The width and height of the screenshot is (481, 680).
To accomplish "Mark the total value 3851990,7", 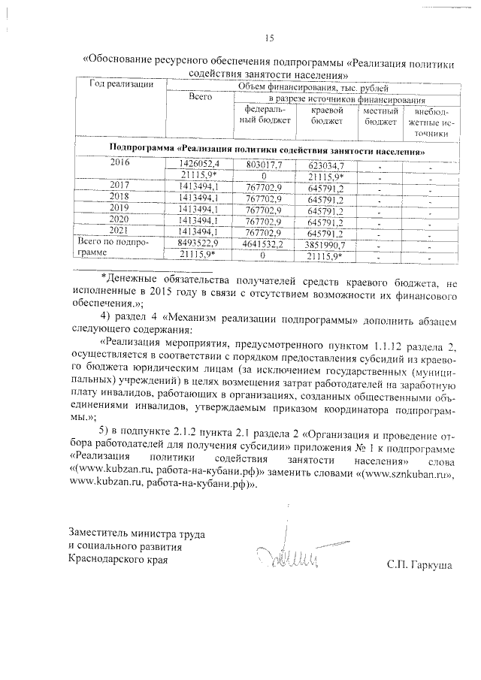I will point(325,243).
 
